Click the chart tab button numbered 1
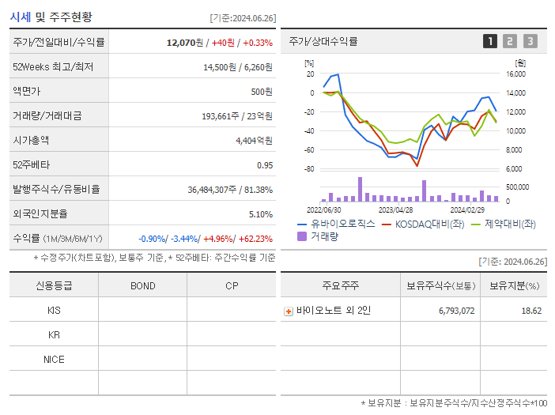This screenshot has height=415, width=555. click(x=490, y=41)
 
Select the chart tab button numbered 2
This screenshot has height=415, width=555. click(x=510, y=41)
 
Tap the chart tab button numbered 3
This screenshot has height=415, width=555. click(x=530, y=41)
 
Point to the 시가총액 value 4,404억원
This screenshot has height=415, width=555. click(x=254, y=141)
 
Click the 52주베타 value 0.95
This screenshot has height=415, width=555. click(x=264, y=165)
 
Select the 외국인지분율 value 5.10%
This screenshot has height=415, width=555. click(x=260, y=214)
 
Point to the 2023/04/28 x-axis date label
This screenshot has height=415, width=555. click(x=395, y=210)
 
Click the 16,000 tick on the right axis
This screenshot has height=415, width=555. click(x=515, y=74)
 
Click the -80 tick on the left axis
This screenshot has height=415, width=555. click(x=309, y=169)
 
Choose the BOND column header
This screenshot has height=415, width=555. click(x=142, y=285)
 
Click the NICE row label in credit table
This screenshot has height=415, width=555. click(x=54, y=360)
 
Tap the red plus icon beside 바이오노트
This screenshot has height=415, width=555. click(x=289, y=311)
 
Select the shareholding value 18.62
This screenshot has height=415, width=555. click(x=531, y=311)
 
